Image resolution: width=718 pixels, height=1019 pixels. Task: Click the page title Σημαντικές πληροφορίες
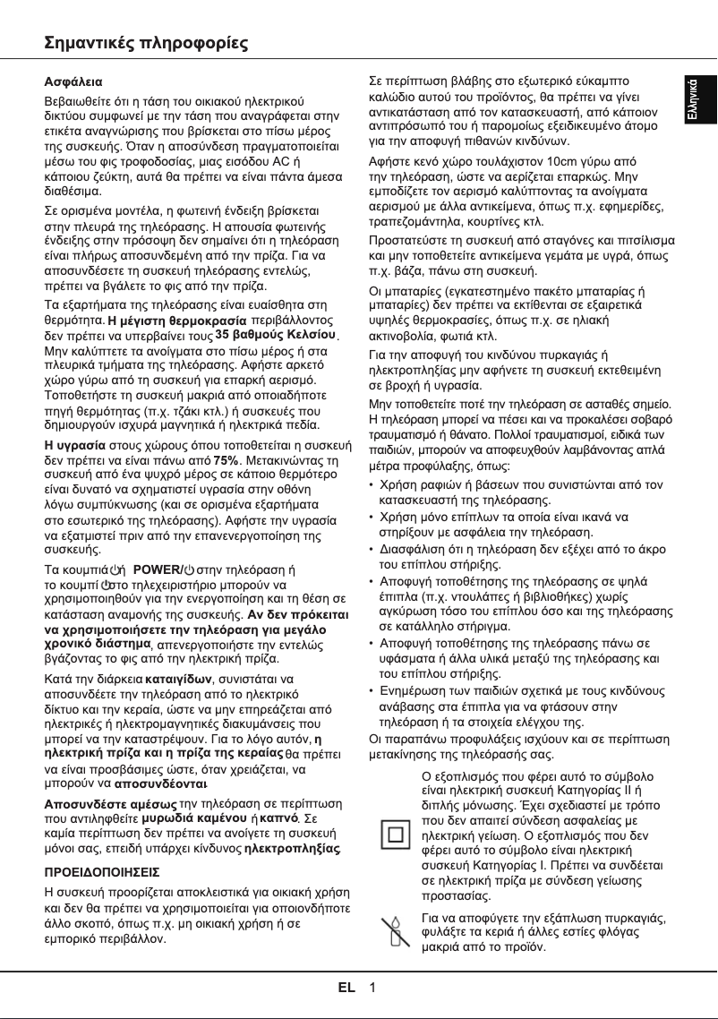pos(146,44)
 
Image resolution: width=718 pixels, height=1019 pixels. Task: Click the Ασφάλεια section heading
pos(73,81)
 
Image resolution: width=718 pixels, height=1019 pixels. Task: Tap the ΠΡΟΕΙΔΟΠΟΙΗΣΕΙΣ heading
pos(102,870)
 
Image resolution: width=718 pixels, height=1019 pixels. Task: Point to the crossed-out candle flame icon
pos(393,932)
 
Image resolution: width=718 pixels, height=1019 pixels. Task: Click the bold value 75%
pos(227,460)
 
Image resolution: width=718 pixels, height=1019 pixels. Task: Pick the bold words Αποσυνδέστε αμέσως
pos(111,803)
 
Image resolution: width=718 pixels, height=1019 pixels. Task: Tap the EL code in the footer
pos(346,988)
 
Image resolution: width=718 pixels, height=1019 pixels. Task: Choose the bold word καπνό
pos(285,818)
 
